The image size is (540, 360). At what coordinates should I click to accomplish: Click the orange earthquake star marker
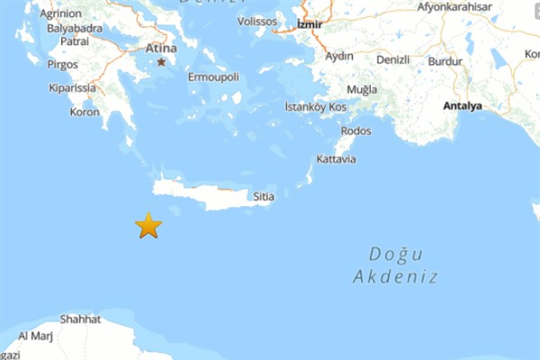148,225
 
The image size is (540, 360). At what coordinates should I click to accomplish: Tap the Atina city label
162,48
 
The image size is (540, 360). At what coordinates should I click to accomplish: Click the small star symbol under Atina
162,62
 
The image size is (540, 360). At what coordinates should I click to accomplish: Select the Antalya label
463,106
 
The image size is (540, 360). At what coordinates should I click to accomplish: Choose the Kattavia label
337,159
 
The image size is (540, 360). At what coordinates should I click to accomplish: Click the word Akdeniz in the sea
396,277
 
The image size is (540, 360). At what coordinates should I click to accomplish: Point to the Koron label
85,112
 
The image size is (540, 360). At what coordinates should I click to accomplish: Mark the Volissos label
258,21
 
